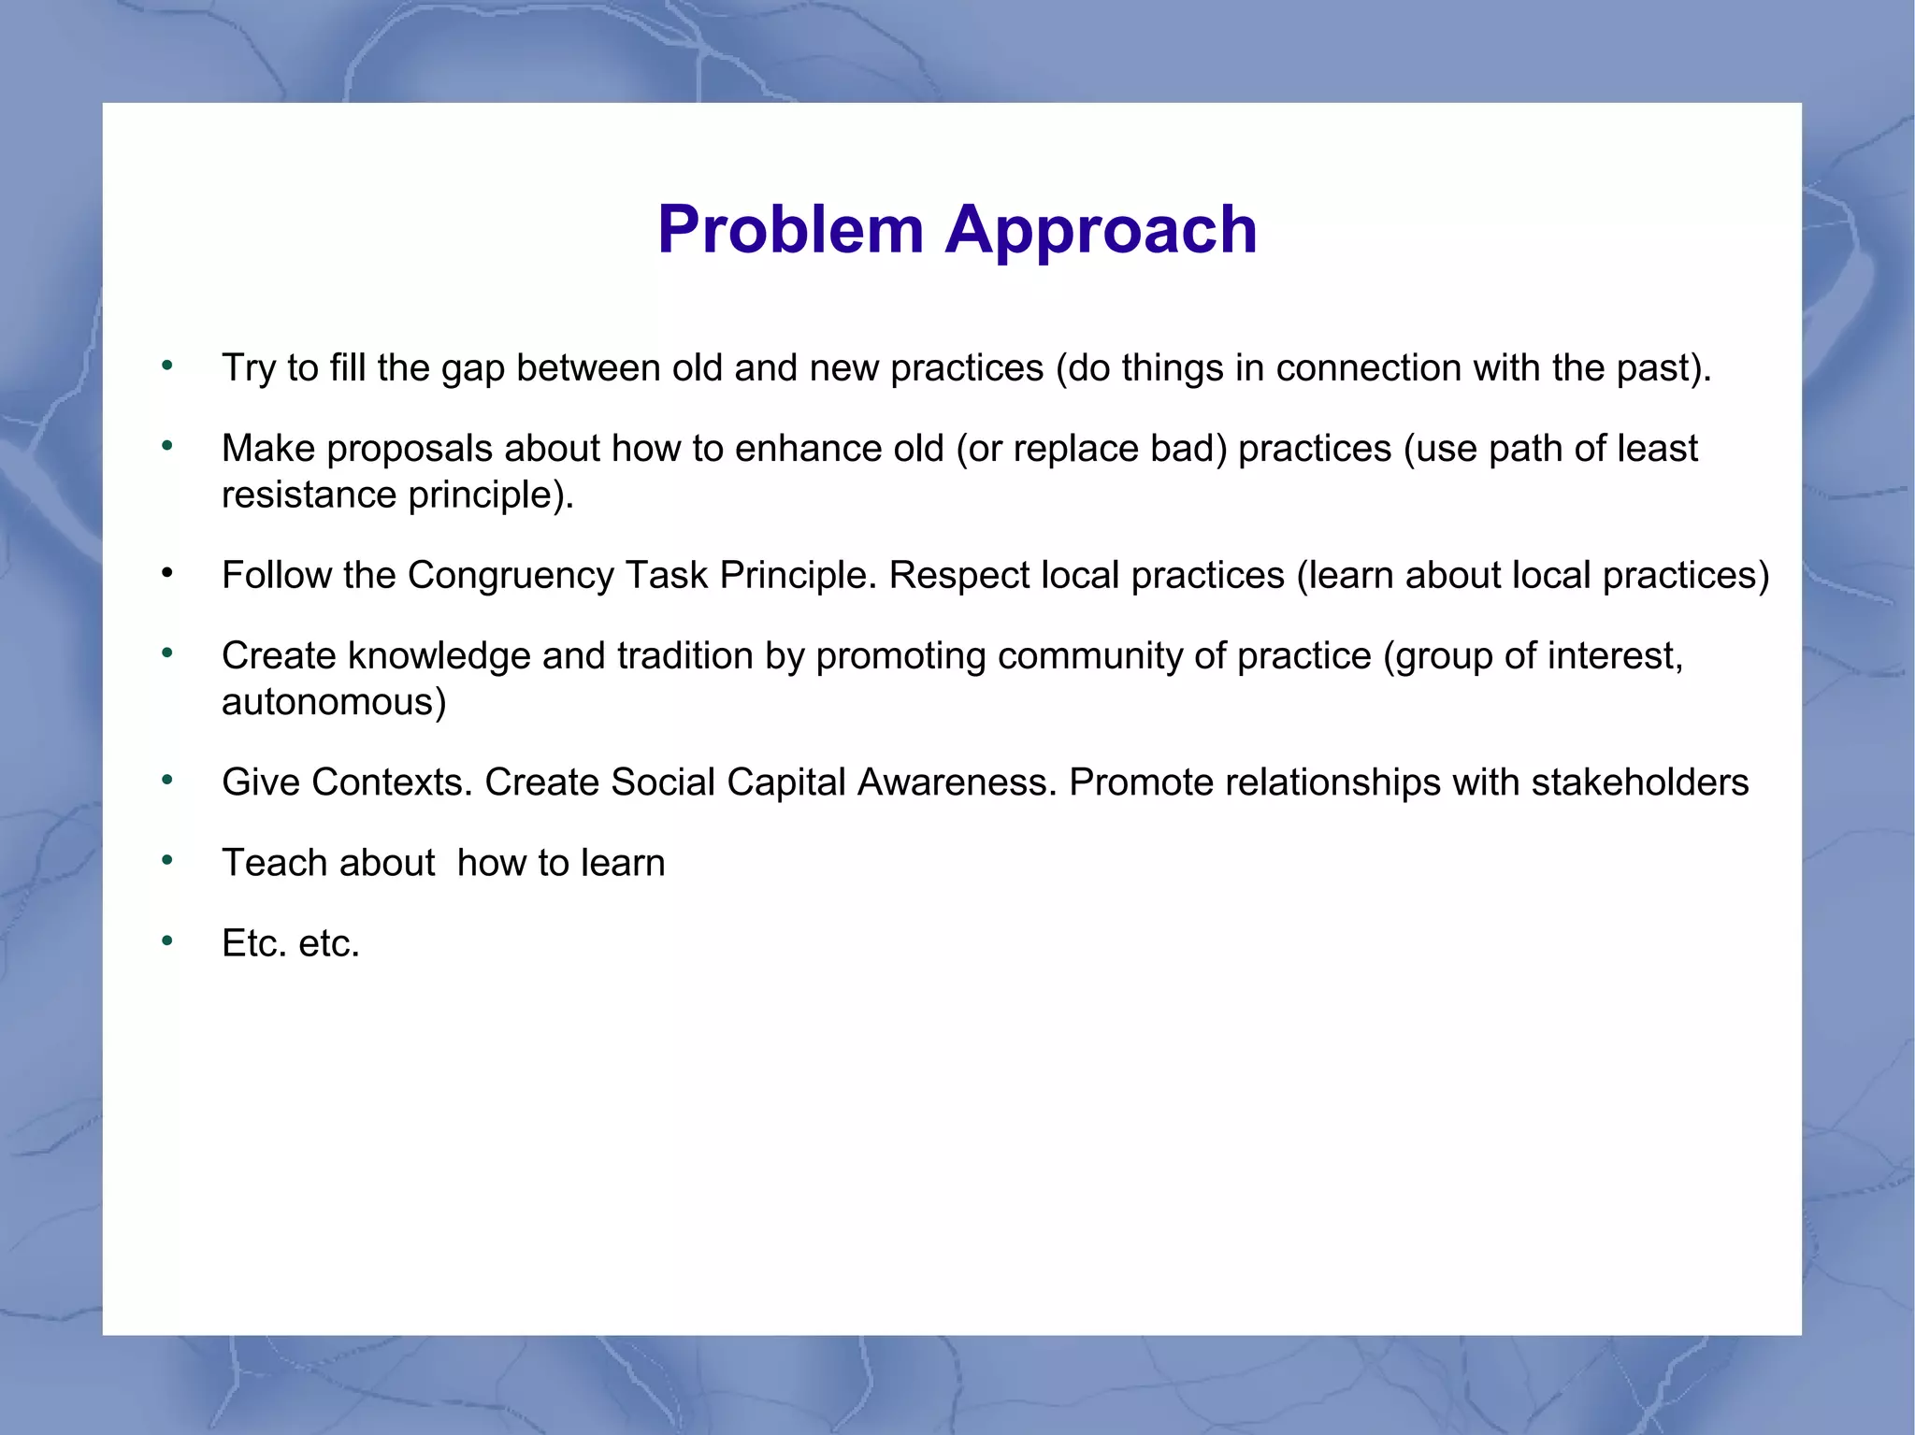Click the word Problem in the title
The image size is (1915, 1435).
(x=790, y=230)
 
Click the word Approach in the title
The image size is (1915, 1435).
(x=1101, y=230)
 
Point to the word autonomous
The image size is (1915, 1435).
(x=333, y=702)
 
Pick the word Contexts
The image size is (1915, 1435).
(x=392, y=782)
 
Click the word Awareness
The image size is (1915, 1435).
(x=957, y=782)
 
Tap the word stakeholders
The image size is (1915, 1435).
(x=1639, y=782)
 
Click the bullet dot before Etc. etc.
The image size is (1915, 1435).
(x=167, y=941)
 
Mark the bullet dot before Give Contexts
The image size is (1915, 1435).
(x=167, y=781)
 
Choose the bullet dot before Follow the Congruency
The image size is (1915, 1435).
(x=167, y=573)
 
